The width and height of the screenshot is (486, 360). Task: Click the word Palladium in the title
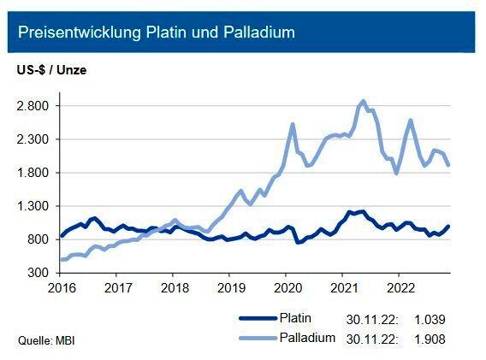coord(256,32)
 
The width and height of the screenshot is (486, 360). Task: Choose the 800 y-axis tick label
coord(39,239)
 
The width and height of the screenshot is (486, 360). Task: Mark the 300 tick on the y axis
coord(39,273)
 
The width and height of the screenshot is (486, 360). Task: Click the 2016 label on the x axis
coord(62,288)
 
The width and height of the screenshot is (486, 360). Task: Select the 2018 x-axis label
coord(174,288)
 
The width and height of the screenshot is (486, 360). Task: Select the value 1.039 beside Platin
coord(431,320)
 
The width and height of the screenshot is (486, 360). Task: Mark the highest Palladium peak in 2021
coord(363,101)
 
